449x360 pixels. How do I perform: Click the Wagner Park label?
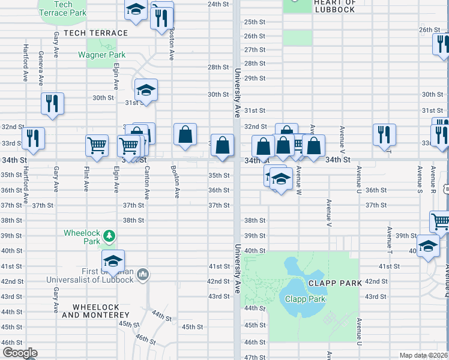pyautogui.click(x=101, y=55)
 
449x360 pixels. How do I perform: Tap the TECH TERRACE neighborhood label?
pyautogui.click(x=95, y=33)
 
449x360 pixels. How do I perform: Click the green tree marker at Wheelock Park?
pyautogui.click(x=109, y=236)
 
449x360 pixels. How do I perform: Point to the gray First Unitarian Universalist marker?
pyautogui.click(x=143, y=275)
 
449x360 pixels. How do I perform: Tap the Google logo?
pyautogui.click(x=20, y=353)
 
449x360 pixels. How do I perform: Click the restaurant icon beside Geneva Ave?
pyautogui.click(x=52, y=103)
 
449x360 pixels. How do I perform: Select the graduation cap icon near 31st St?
pyautogui.click(x=145, y=90)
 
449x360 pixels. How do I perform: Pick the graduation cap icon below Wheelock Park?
pyautogui.click(x=112, y=260)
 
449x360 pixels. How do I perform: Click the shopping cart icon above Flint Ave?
pyautogui.click(x=97, y=145)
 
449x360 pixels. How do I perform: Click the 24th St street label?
pyautogui.click(x=218, y=4)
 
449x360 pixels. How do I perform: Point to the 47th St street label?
pyautogui.click(x=255, y=357)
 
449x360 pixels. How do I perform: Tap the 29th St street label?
pyautogui.click(x=255, y=78)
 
